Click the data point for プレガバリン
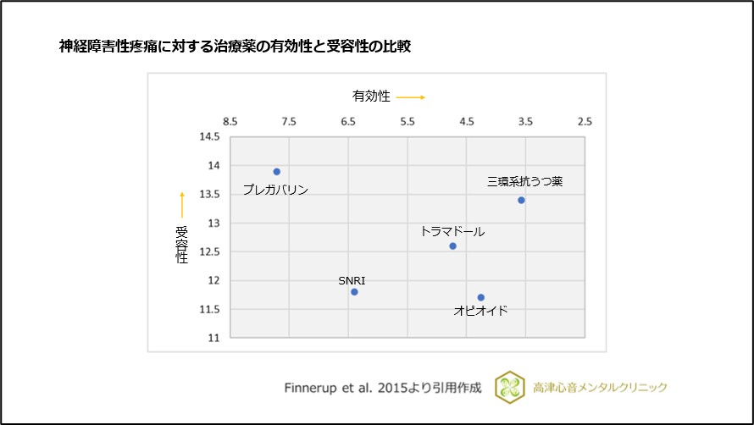click(276, 172)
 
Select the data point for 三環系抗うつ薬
click(521, 200)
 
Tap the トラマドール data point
click(452, 246)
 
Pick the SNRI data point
click(354, 292)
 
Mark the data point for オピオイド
click(481, 297)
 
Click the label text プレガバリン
click(275, 190)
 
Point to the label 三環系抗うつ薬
click(524, 181)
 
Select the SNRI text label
click(352, 279)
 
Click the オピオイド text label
click(480, 311)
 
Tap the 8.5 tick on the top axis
click(230, 122)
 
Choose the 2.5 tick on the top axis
click(585, 122)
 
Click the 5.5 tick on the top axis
click(407, 122)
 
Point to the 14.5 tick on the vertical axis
click(208, 137)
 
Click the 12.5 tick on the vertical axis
click(208, 251)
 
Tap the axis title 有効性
click(371, 97)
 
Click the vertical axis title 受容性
click(181, 245)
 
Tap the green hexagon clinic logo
click(510, 387)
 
